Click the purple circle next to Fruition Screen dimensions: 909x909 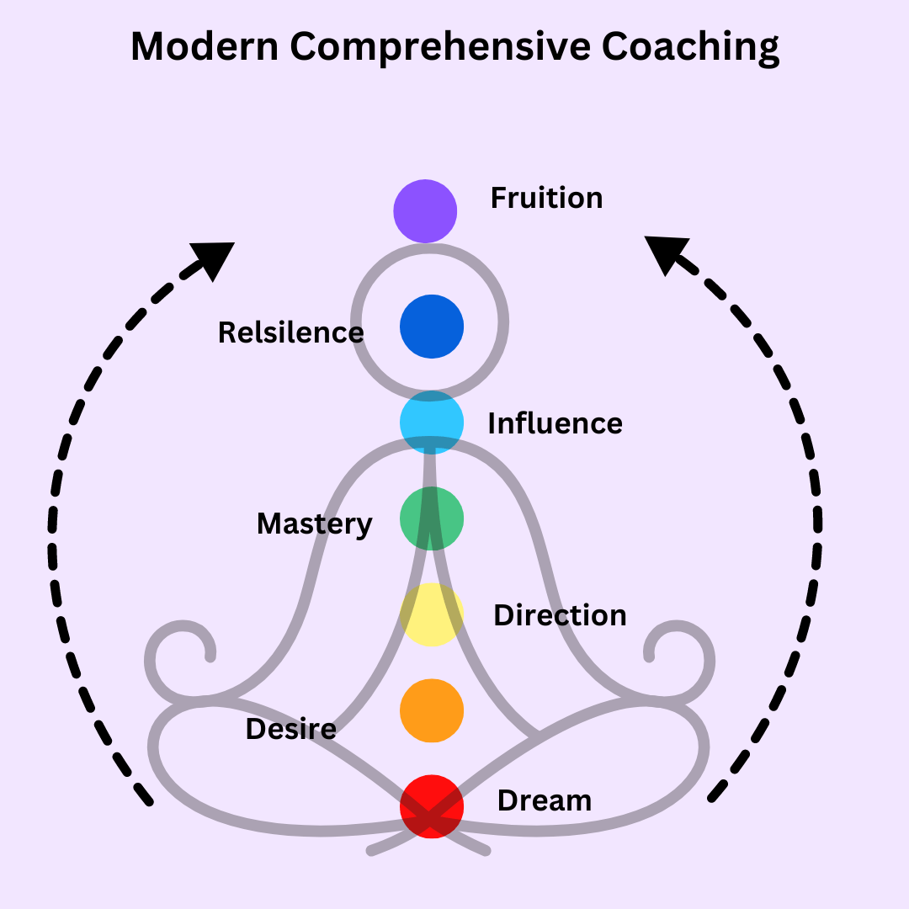(425, 210)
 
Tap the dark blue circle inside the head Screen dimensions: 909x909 (431, 327)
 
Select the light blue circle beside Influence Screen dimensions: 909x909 (431, 423)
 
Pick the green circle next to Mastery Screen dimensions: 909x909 (431, 518)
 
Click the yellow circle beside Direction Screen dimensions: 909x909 (431, 614)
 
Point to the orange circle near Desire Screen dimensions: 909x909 (431, 711)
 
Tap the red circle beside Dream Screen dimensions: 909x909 (431, 806)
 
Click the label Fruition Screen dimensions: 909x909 (546, 198)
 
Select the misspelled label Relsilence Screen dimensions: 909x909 (290, 332)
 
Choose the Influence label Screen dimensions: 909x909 (555, 423)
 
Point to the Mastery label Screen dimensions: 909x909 (314, 524)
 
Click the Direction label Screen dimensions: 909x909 (560, 615)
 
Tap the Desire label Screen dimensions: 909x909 (290, 729)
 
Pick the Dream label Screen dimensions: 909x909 (544, 800)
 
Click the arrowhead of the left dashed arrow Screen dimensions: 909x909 (214, 258)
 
